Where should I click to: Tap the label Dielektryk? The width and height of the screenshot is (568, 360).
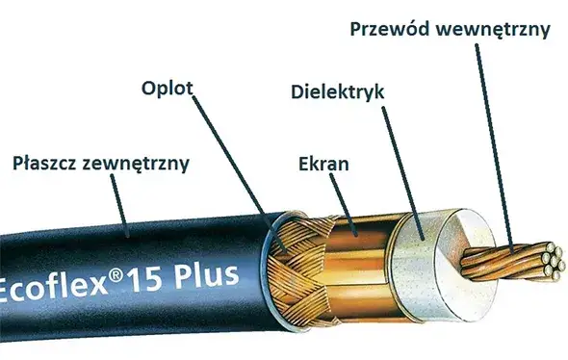tap(337, 92)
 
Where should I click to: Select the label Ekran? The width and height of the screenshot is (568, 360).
tap(323, 165)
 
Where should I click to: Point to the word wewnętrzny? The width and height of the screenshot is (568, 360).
tap(497, 29)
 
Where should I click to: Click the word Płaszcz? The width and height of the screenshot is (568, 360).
tap(47, 163)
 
